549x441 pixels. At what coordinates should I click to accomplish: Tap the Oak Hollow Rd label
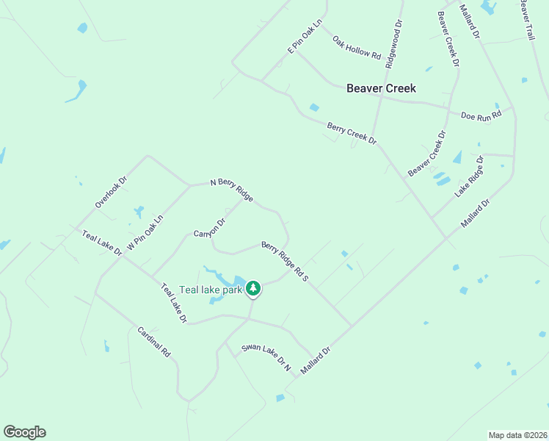tap(357, 48)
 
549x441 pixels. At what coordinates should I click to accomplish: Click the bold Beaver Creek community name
tap(381, 88)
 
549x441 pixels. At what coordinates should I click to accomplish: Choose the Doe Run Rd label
tap(481, 115)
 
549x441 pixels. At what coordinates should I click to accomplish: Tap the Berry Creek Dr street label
tap(352, 134)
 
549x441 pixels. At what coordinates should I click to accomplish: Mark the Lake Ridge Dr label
tap(470, 176)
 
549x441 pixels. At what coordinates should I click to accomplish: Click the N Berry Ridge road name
tap(232, 190)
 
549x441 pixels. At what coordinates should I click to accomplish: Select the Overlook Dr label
tap(111, 191)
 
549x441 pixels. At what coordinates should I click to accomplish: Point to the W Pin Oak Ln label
tap(145, 233)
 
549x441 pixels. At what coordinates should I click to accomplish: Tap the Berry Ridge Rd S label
tap(284, 262)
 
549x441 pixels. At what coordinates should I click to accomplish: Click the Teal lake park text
tap(211, 290)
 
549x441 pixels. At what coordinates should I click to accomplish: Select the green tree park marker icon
tap(253, 288)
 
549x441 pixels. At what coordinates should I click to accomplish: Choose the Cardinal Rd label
tap(154, 342)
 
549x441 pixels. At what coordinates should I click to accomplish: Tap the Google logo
tap(24, 432)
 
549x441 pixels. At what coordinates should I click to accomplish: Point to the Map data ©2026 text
tap(517, 435)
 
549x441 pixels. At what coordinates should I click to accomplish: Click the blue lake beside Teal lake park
tap(236, 280)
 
